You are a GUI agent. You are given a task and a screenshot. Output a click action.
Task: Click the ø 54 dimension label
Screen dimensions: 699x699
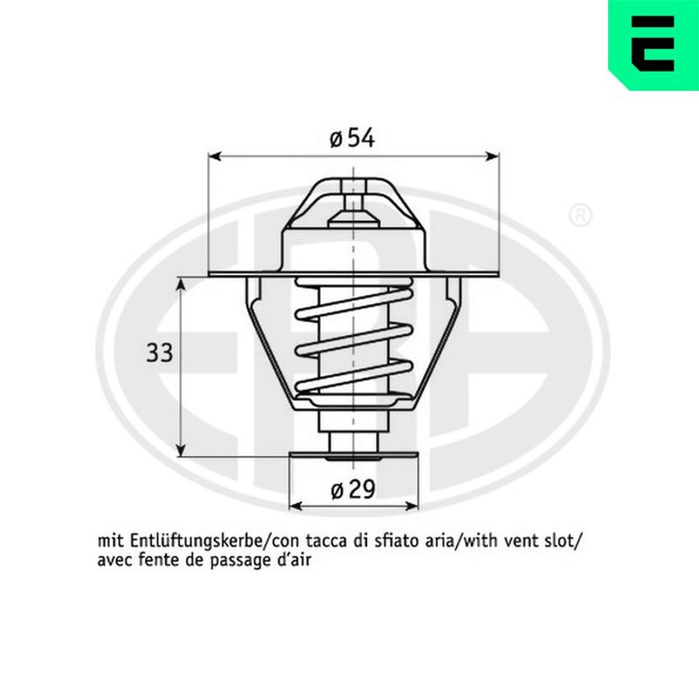click(x=352, y=138)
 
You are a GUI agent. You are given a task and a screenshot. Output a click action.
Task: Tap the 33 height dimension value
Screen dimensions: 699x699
click(x=160, y=353)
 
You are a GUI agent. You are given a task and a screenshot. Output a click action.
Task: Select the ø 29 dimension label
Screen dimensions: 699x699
click(x=353, y=490)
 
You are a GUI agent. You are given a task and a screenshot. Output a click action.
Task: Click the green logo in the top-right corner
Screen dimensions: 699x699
click(x=654, y=45)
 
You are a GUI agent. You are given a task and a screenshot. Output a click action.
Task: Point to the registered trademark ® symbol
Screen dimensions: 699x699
click(x=580, y=215)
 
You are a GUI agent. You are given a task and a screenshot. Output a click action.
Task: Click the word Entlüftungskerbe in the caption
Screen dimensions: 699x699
click(x=196, y=542)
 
